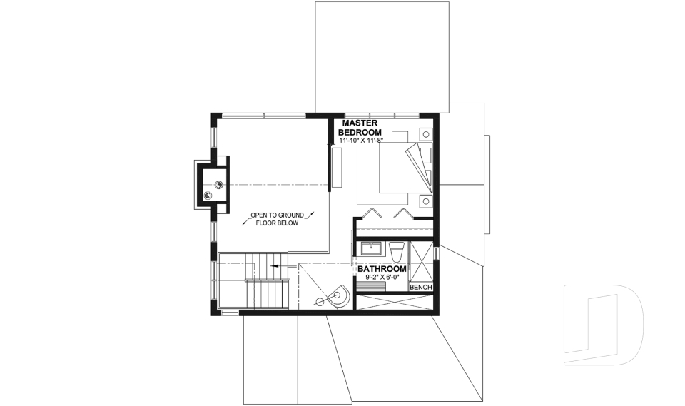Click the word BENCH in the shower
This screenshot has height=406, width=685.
pos(420,287)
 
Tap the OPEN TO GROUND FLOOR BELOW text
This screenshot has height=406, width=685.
pos(278,218)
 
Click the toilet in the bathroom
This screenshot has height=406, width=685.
pos(397,250)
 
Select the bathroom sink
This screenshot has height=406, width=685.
pos(371,249)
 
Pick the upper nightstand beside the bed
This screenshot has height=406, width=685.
pos(426,133)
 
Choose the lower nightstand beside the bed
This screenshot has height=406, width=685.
pos(426,200)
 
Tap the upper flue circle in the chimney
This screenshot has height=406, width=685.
pos(218,185)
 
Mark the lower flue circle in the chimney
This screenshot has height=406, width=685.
pos(208,195)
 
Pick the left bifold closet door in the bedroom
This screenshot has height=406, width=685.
pos(372,213)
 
